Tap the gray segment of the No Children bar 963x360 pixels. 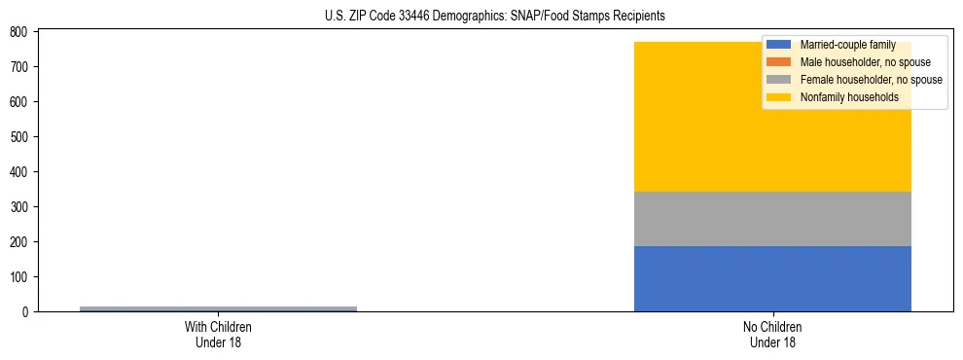(772, 219)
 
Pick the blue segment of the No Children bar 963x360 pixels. (772, 279)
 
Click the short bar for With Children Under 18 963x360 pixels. (218, 308)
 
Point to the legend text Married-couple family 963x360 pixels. (847, 45)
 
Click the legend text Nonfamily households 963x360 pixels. (842, 97)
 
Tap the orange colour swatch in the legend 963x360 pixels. (778, 62)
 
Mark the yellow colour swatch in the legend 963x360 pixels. (778, 97)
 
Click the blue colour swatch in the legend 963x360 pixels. (778, 45)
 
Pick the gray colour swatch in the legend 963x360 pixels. (778, 80)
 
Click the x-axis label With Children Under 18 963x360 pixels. (218, 334)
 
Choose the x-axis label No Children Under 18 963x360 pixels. (772, 334)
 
